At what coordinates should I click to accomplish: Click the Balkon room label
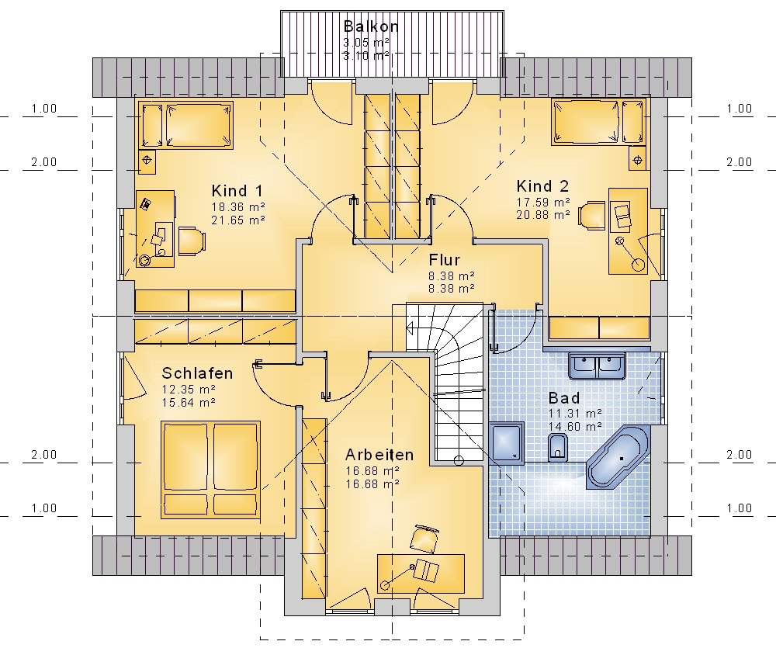(x=371, y=26)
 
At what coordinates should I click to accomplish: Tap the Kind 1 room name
(x=237, y=191)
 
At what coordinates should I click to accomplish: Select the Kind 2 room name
(x=542, y=186)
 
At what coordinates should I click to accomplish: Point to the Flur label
(x=445, y=260)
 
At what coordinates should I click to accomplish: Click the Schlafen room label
(x=197, y=373)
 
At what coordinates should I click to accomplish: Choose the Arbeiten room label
(x=379, y=455)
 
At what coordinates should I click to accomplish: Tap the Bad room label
(x=564, y=398)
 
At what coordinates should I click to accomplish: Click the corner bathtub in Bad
(x=617, y=457)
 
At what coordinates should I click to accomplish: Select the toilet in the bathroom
(x=558, y=447)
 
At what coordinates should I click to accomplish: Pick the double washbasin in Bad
(x=597, y=366)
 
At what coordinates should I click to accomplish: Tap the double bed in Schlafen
(x=210, y=470)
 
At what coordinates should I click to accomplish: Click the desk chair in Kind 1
(x=192, y=241)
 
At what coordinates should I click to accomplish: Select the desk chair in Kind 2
(x=591, y=216)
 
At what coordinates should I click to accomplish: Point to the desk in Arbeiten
(x=421, y=574)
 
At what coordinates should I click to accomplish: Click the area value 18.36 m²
(x=238, y=207)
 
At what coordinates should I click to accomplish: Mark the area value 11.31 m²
(x=575, y=414)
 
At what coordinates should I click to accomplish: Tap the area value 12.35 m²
(x=189, y=389)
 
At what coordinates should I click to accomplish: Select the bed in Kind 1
(x=185, y=125)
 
